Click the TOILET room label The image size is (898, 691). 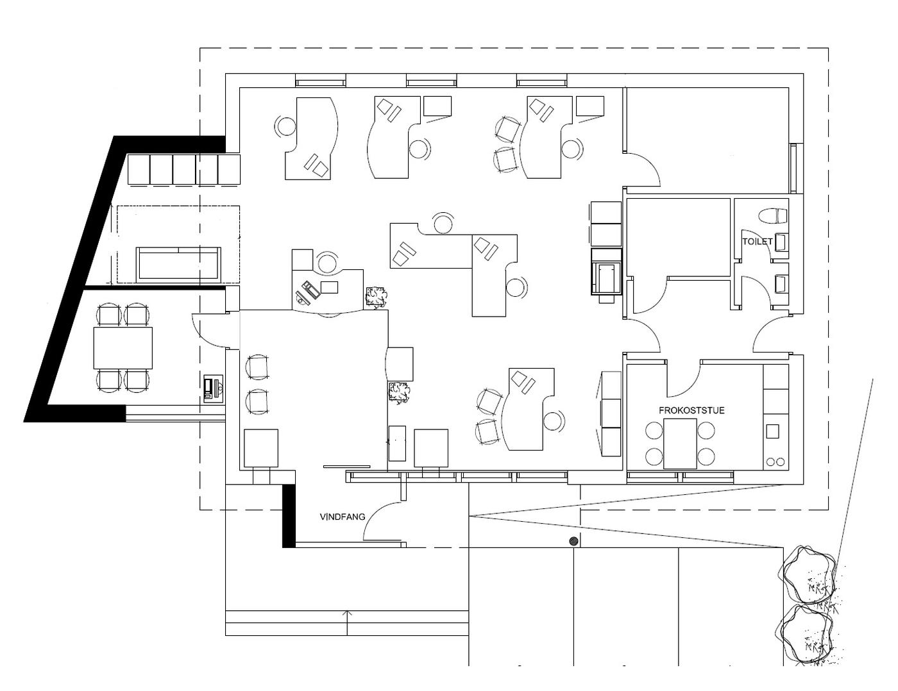[758, 242]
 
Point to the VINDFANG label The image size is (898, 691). [343, 517]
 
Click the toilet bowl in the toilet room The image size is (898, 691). [773, 216]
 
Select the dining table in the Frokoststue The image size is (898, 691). [680, 444]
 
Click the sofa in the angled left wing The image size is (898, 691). [178, 265]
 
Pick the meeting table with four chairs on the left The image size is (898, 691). [123, 348]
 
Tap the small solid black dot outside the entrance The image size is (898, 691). [573, 541]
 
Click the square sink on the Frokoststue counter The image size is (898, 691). [772, 431]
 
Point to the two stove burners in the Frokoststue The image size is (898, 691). [773, 461]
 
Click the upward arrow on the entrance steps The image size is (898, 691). [347, 622]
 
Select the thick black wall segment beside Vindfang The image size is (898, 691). [289, 515]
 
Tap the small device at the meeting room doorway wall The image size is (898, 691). [214, 388]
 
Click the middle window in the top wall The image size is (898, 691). [432, 81]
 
